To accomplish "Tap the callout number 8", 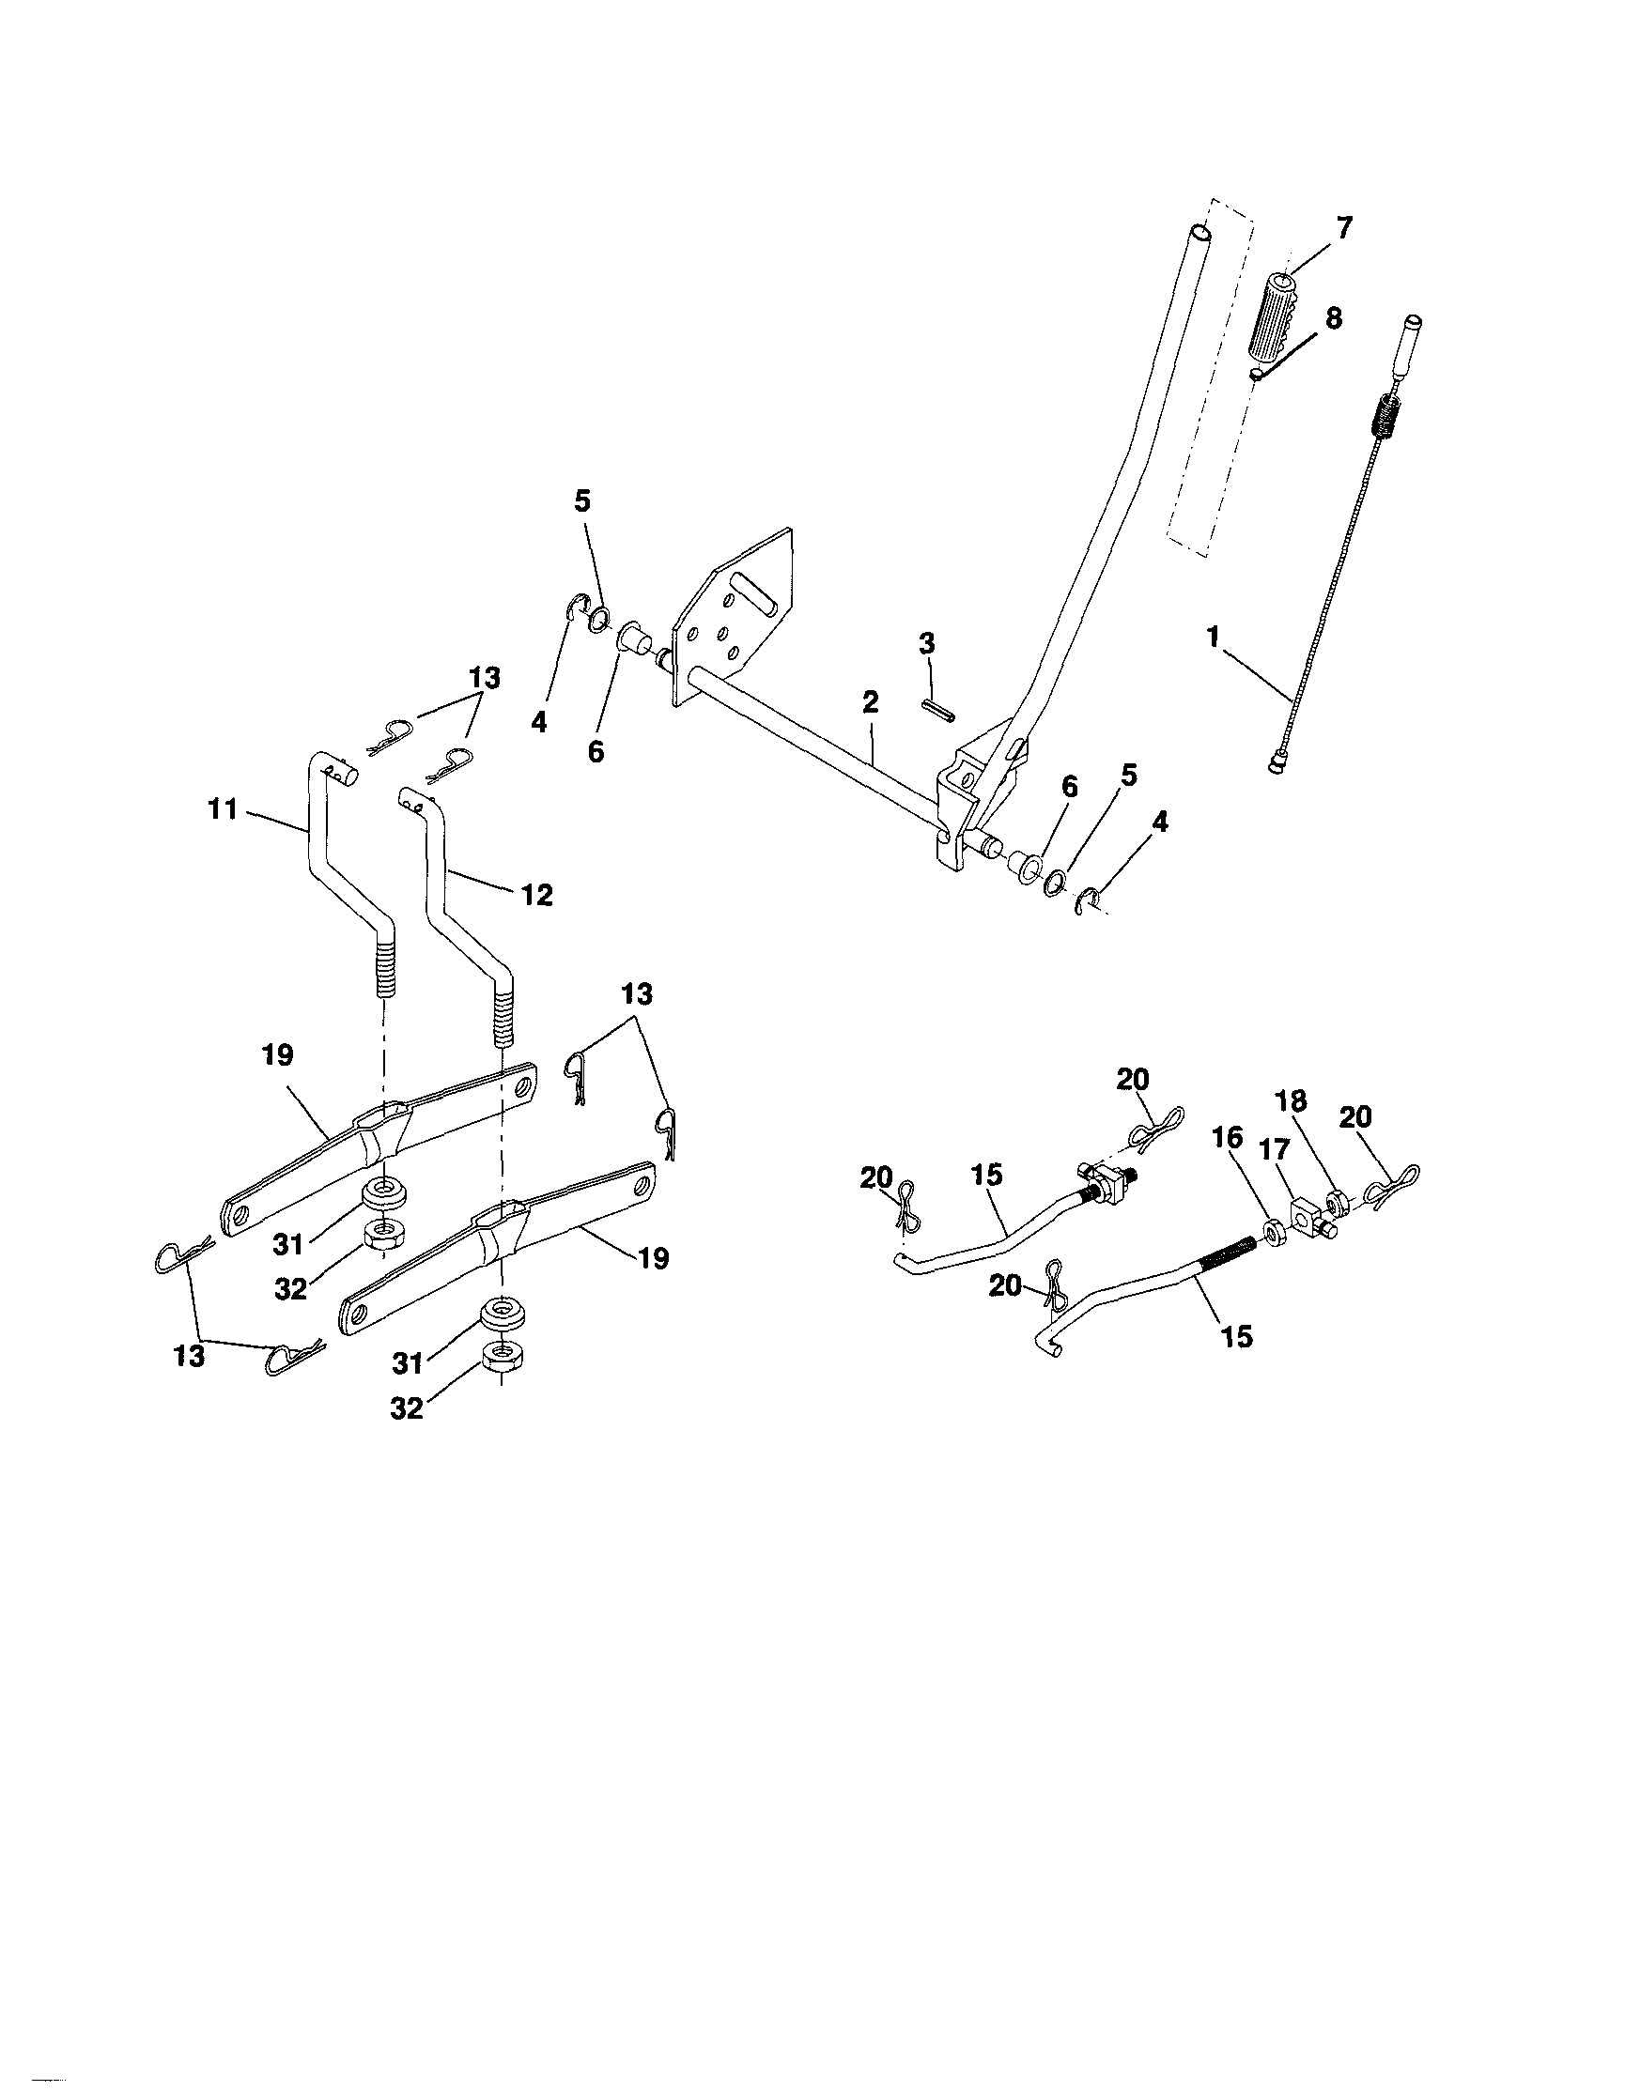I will (1333, 319).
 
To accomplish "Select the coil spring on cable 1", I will (1380, 406).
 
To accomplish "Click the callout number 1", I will (1214, 637).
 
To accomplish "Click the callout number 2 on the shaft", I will (870, 701).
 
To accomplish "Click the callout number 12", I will (537, 895).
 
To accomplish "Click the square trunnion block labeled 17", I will (1304, 1215).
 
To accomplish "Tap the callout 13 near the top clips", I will (485, 678).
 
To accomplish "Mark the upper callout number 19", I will (277, 1056).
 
